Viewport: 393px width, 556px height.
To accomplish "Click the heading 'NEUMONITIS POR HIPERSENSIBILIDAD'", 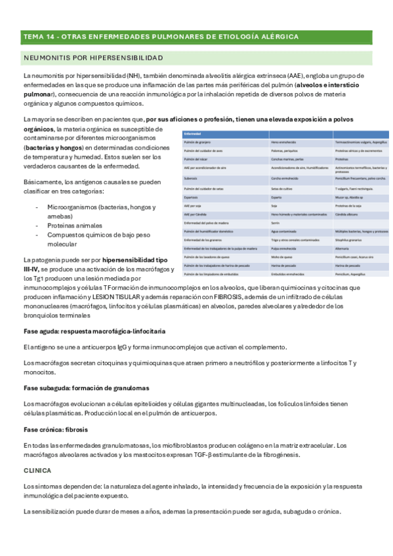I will pos(93,58).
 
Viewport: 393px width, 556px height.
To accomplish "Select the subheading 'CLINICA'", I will pos(37,470).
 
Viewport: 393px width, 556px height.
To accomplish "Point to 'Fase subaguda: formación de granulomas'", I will pos(86,387).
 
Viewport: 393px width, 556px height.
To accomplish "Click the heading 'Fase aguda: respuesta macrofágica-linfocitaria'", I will pos(94,330).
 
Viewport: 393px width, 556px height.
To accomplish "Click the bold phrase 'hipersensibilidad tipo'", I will pos(139,260).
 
